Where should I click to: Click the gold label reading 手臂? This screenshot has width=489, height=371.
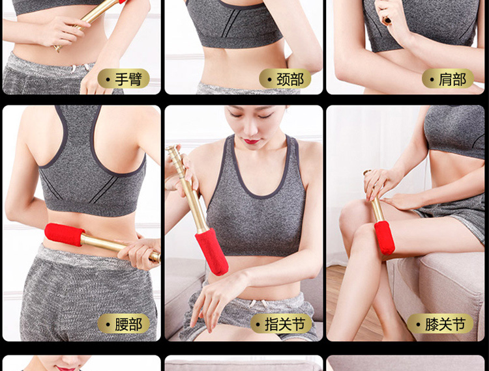[x=123, y=79]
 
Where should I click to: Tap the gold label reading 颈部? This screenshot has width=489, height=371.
[x=285, y=79]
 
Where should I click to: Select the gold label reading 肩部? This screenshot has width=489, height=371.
[x=448, y=79]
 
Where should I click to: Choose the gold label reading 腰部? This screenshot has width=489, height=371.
[x=123, y=323]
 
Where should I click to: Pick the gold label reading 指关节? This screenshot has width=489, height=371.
[x=281, y=323]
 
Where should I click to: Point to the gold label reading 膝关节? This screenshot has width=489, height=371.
[x=440, y=323]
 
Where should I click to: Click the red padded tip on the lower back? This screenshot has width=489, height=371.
[x=65, y=234]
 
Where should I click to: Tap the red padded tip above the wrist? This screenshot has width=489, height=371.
[x=212, y=252]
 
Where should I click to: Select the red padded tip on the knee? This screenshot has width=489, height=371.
[x=385, y=238]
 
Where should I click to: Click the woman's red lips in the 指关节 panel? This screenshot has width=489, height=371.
[x=252, y=142]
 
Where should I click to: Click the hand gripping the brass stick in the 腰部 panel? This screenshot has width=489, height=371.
[x=140, y=252]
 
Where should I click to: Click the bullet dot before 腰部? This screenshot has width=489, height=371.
[x=108, y=324]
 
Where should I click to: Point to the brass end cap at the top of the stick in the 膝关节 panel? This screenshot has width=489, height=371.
[x=367, y=172]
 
